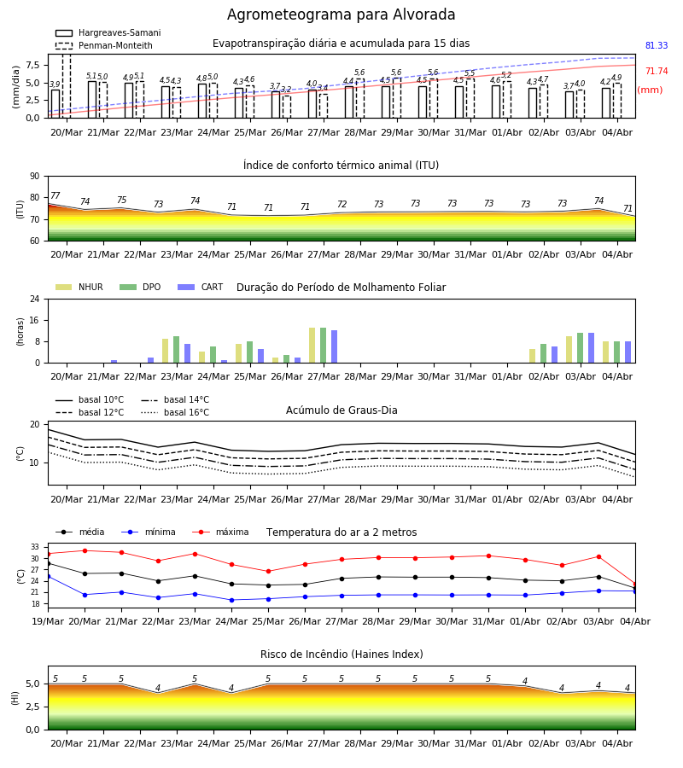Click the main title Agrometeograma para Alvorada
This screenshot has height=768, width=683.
[341, 15]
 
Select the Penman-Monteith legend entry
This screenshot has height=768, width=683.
[104, 45]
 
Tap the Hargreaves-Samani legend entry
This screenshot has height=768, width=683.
[108, 32]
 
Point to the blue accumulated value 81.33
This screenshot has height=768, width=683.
[657, 45]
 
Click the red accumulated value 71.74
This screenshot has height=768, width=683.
[657, 71]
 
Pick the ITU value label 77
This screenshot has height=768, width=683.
[55, 195]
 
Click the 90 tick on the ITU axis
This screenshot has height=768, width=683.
[35, 177]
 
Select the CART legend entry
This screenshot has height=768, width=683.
[200, 287]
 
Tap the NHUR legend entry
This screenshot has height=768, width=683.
[79, 287]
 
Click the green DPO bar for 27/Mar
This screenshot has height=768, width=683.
[323, 346]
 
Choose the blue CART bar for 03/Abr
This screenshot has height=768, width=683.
[592, 348]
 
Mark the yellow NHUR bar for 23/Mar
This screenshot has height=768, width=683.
[165, 351]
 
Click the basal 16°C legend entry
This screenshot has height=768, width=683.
[175, 412]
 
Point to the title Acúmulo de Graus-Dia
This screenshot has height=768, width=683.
[341, 410]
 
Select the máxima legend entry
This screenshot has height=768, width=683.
[220, 532]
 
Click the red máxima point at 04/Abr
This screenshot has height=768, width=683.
[635, 584]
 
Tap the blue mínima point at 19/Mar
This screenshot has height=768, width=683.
[48, 577]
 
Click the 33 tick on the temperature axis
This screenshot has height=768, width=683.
[35, 547]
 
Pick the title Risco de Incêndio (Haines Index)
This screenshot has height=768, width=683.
[341, 655]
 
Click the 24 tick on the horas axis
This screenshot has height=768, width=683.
[35, 299]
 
